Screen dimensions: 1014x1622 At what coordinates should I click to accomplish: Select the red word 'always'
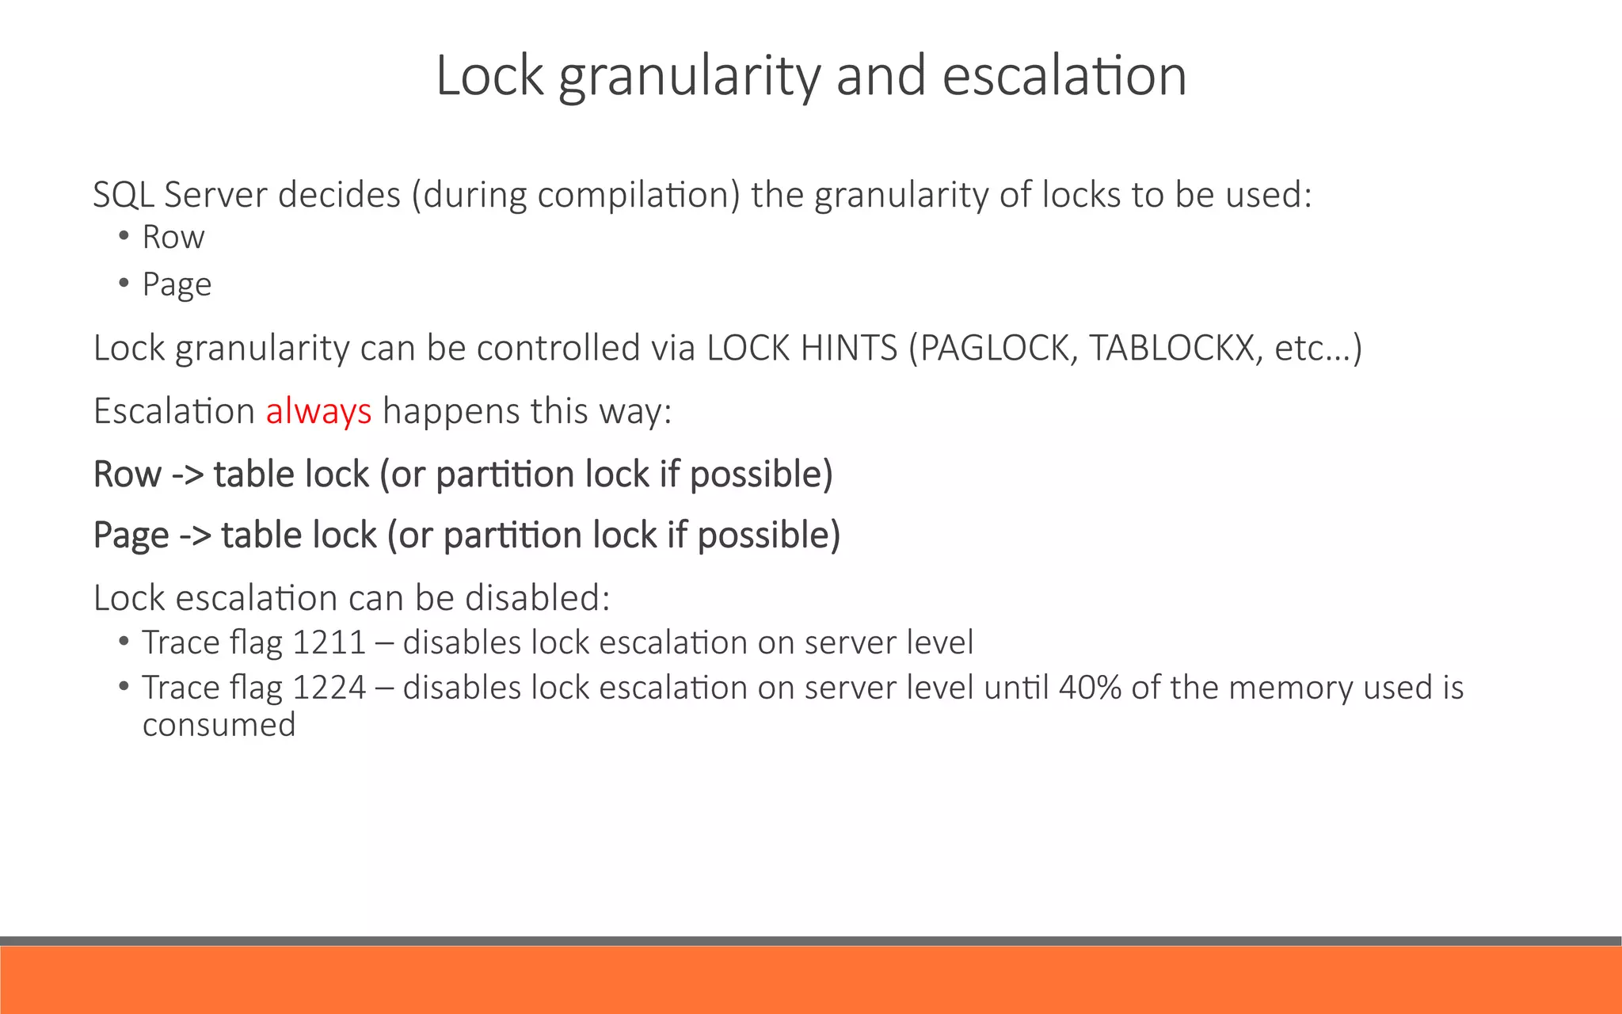(x=318, y=411)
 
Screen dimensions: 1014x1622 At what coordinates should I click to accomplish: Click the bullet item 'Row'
(x=173, y=237)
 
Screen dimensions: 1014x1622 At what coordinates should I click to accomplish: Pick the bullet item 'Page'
(x=177, y=284)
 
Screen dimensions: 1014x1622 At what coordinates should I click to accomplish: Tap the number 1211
(x=329, y=642)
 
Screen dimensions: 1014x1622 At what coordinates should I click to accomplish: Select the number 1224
(x=329, y=688)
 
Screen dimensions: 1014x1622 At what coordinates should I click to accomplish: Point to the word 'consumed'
(x=219, y=725)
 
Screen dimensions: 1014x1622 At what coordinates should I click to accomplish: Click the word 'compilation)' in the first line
(x=638, y=195)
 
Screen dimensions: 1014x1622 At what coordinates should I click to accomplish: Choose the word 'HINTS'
(x=849, y=348)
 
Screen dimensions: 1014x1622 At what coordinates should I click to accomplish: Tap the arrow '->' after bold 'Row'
(x=188, y=475)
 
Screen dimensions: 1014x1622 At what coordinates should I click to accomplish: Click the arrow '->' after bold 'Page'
(x=195, y=536)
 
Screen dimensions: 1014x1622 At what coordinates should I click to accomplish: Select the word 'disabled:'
(x=538, y=598)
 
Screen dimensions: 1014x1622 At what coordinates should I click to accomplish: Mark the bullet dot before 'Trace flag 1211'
(x=124, y=641)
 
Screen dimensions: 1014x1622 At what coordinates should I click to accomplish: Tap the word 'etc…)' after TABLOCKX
(x=1318, y=348)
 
